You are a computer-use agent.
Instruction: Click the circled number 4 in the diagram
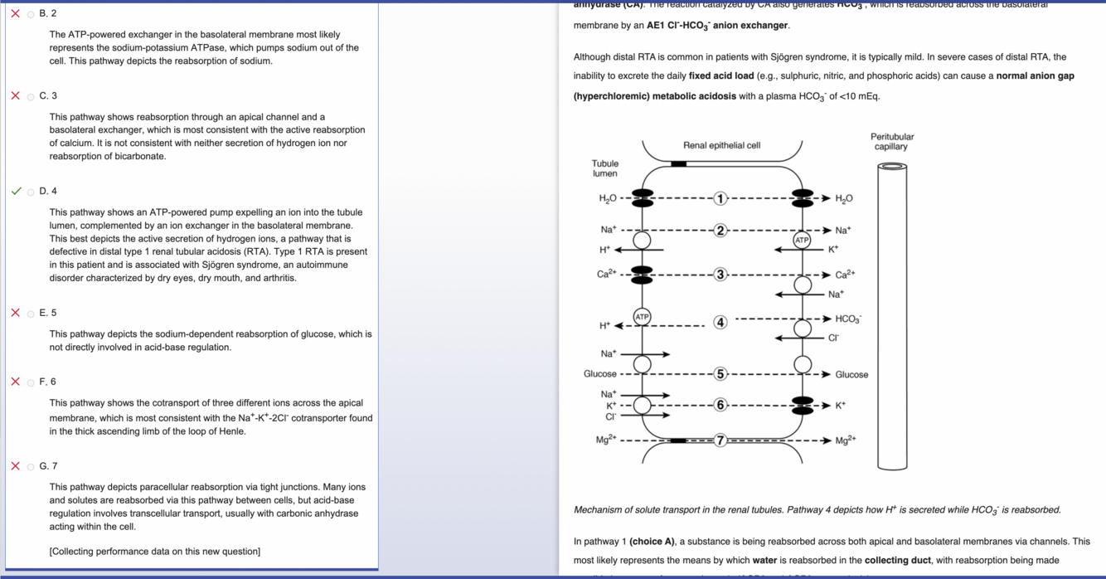[x=720, y=322]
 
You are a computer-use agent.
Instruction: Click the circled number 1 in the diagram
[x=720, y=198]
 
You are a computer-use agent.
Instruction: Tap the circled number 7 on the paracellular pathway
[x=720, y=440]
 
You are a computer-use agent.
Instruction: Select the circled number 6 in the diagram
[x=720, y=405]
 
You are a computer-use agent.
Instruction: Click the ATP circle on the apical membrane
[x=642, y=317]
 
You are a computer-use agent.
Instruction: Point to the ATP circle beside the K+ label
[x=801, y=240]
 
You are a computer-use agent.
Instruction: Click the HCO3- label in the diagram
[x=848, y=319]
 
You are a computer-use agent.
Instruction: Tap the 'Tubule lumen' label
[x=604, y=168]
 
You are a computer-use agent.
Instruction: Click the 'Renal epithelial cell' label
[x=721, y=145]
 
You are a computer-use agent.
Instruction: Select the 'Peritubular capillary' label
[x=891, y=142]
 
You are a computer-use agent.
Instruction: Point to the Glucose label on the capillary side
[x=851, y=375]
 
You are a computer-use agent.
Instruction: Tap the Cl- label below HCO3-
[x=834, y=338]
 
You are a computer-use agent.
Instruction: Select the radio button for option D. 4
[x=31, y=192]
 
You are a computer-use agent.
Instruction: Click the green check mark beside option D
[x=16, y=191]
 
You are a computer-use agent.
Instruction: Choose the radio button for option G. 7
[x=31, y=466]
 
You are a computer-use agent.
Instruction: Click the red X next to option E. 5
[x=16, y=313]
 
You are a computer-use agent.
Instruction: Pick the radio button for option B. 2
[x=31, y=14]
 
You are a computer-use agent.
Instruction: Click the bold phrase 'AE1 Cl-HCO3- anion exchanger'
[x=717, y=26]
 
